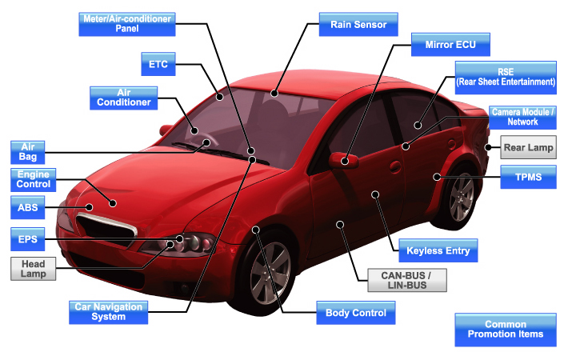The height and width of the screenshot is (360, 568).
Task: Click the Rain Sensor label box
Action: coord(358,25)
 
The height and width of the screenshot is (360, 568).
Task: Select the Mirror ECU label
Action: coord(450,45)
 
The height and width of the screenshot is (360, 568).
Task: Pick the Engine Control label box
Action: coord(34,178)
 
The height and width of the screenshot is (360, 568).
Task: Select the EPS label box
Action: coord(27,238)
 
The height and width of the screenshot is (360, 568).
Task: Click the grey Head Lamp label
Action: coord(34,269)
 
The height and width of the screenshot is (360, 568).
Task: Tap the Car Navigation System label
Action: coord(108,311)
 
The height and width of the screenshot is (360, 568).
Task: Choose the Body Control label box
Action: coord(355,313)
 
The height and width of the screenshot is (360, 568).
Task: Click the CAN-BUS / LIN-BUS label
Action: coord(401,279)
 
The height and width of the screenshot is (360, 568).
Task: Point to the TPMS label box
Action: coord(527,178)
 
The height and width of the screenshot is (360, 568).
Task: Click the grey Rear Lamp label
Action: coord(527,147)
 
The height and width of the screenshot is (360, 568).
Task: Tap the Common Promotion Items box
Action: coord(506,329)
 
